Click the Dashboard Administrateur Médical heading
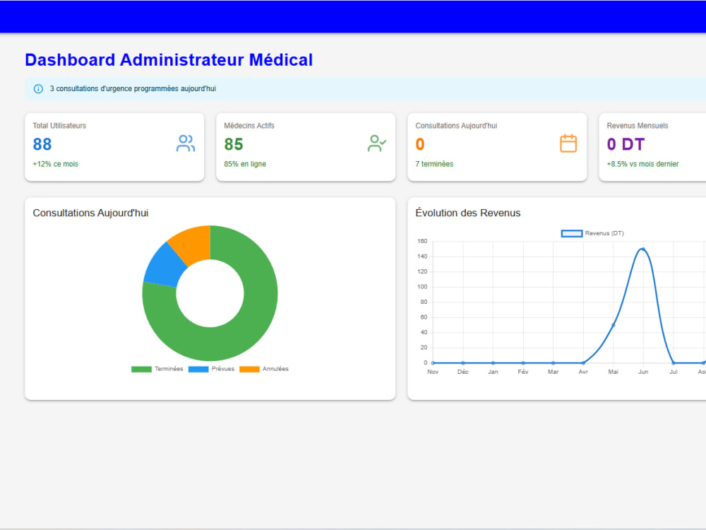[x=169, y=60]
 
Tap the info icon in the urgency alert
[x=38, y=89]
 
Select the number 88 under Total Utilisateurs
[x=42, y=144]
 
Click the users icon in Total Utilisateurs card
[x=186, y=143]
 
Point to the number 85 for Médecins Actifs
[x=234, y=144]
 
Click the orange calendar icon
[x=568, y=143]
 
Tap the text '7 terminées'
[x=434, y=164]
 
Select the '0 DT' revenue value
[x=626, y=144]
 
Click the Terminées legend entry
[x=157, y=369]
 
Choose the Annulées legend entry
[x=264, y=369]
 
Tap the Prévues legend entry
[x=211, y=369]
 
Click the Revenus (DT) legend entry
[x=592, y=233]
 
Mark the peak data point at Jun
[x=643, y=249]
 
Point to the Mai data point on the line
[x=614, y=325]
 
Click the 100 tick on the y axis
[x=422, y=287]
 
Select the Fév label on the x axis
[x=522, y=372]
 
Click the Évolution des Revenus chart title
[x=468, y=213]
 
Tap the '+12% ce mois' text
[x=55, y=164]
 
